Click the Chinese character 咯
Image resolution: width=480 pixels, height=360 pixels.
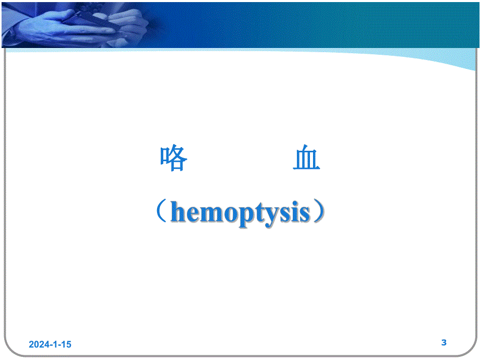[174, 159]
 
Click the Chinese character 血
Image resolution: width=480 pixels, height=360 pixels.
[306, 159]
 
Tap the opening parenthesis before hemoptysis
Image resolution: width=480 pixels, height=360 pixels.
[161, 213]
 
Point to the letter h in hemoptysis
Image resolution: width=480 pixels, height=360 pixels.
[178, 212]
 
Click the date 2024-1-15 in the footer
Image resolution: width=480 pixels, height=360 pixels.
[50, 344]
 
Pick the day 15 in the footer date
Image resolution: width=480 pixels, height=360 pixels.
[66, 344]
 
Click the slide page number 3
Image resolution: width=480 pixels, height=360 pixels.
[444, 343]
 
